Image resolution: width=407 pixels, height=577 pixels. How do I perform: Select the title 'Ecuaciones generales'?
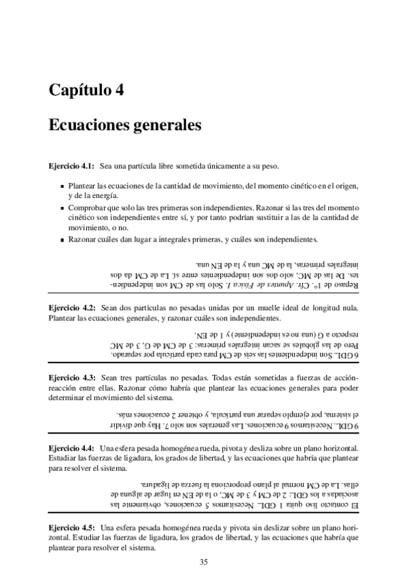pyautogui.click(x=116, y=126)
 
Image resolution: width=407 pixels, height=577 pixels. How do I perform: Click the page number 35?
pyautogui.click(x=203, y=561)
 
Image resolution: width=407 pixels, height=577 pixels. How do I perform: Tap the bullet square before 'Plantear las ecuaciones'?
pyautogui.click(x=63, y=186)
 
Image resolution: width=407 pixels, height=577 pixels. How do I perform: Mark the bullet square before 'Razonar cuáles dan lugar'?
pyautogui.click(x=63, y=240)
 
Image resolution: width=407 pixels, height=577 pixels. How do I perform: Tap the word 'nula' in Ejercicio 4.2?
pyautogui.click(x=349, y=308)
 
